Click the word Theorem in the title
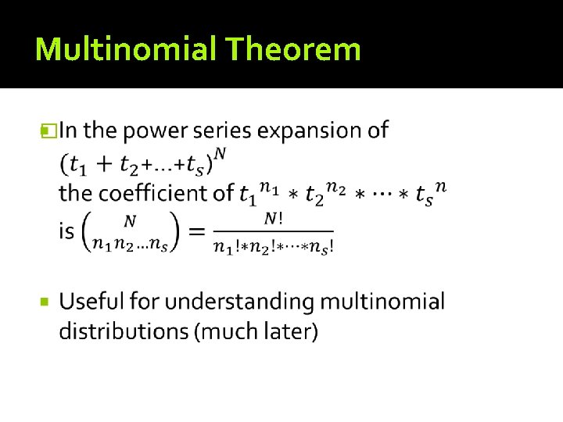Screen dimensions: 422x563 293,49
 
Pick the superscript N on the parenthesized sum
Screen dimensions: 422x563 221,153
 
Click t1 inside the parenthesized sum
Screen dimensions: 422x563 76,165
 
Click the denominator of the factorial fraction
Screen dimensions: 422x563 273,247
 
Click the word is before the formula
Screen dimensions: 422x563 67,231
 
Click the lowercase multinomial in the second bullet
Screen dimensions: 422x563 381,302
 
